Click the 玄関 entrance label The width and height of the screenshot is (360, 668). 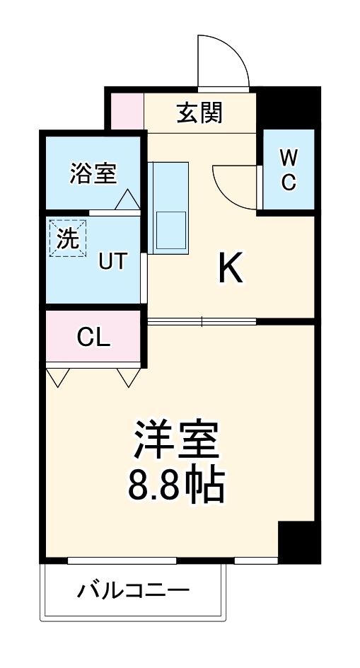tap(199, 112)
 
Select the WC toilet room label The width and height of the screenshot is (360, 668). tap(288, 169)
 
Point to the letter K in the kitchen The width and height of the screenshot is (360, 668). tap(231, 268)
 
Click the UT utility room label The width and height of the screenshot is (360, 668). tap(112, 261)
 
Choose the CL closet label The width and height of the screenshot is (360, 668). tap(93, 338)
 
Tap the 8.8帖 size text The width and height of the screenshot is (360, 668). tap(177, 485)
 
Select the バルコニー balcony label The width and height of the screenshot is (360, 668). tap(134, 589)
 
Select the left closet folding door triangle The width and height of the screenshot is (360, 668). tap(58, 376)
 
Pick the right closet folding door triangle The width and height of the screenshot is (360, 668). tap(129, 376)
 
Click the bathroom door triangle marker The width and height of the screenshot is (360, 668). tap(127, 200)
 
